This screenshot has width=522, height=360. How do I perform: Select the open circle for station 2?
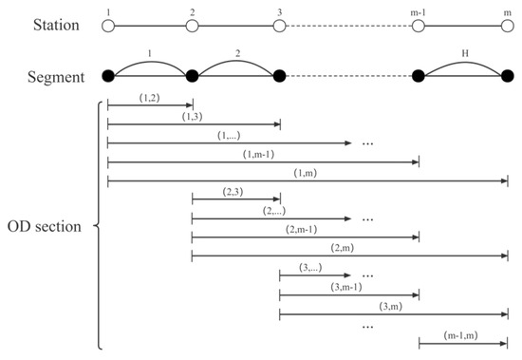[192, 26]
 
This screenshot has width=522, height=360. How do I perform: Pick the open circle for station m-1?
[419, 26]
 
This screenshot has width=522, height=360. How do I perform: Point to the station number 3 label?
[280, 11]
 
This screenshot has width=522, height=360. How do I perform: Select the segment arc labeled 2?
[235, 58]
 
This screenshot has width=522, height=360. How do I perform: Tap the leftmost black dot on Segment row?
[107, 76]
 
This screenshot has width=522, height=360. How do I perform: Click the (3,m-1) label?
[349, 286]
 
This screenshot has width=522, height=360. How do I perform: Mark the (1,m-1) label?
[262, 153]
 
